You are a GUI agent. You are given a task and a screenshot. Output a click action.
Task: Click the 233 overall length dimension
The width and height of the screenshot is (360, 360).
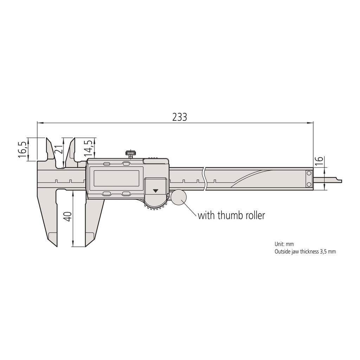(180, 117)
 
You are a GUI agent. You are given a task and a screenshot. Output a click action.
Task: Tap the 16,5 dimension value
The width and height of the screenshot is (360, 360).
(22, 149)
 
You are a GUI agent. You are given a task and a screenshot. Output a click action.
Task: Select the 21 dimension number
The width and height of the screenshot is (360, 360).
(59, 150)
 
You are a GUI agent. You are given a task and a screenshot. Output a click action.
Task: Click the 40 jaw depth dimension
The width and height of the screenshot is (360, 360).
(68, 217)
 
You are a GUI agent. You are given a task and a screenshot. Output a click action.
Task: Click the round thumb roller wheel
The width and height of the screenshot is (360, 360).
(179, 197)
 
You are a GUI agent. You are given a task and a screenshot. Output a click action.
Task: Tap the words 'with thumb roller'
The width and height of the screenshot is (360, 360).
(231, 216)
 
